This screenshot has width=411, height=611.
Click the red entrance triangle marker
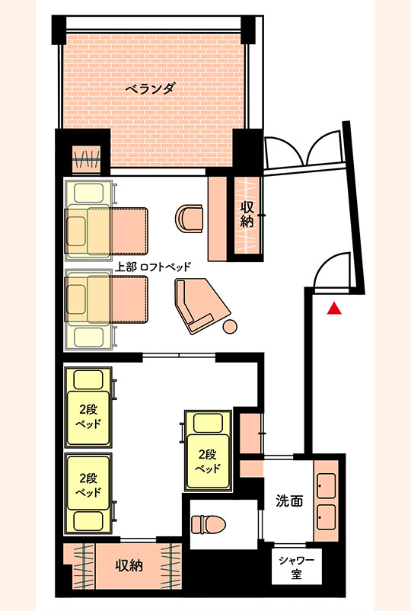[334, 309]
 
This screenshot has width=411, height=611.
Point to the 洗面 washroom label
[290, 501]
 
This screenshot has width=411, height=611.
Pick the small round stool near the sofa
[229, 328]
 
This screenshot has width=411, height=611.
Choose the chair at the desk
[190, 217]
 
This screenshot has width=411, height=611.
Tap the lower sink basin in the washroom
[327, 517]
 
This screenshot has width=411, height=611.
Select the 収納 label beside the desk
[247, 216]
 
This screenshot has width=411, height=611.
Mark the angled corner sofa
[199, 305]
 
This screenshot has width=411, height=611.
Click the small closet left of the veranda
[85, 159]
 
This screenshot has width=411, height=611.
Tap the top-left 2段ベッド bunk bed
[88, 408]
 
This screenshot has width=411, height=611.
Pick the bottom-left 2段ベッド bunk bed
[88, 491]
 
